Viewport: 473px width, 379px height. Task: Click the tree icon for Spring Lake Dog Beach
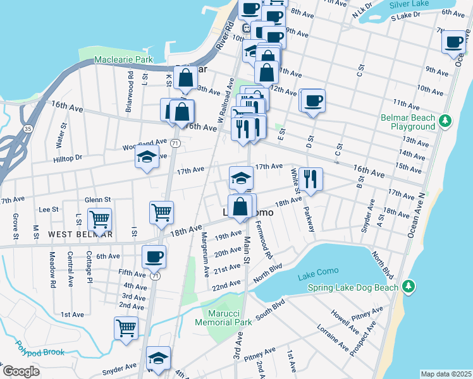click(x=409, y=287)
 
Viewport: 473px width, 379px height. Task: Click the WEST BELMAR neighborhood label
click(x=80, y=234)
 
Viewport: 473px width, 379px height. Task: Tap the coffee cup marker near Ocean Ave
click(x=453, y=42)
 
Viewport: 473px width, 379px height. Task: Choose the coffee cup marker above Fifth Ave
click(x=154, y=256)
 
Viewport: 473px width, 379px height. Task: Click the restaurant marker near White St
click(x=310, y=179)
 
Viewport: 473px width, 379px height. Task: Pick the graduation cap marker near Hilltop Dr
click(x=147, y=158)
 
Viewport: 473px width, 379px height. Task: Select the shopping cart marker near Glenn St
click(x=99, y=220)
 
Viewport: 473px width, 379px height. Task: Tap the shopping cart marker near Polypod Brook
click(x=126, y=328)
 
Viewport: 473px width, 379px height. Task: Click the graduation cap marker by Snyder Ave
click(x=158, y=358)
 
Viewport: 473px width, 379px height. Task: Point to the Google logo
click(x=21, y=371)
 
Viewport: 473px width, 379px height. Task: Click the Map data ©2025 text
click(x=446, y=374)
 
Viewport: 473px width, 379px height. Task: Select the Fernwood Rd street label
click(x=264, y=240)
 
